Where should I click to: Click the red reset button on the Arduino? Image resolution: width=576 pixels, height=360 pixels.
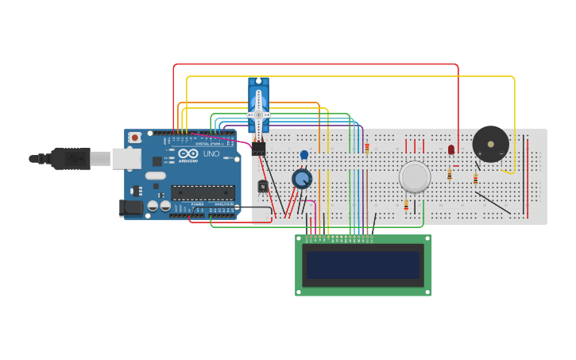[x=135, y=137]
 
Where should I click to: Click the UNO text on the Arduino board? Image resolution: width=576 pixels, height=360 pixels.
[x=211, y=154]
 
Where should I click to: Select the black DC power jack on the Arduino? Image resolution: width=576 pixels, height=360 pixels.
[x=130, y=207]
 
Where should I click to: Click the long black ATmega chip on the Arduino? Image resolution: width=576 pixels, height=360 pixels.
[x=203, y=192]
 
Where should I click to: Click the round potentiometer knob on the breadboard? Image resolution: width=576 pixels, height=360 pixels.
[x=302, y=178]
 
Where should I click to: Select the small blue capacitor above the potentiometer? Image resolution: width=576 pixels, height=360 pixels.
[x=303, y=155]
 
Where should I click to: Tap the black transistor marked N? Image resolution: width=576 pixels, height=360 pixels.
[x=263, y=186]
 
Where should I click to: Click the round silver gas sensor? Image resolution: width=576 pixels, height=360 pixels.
[x=415, y=176]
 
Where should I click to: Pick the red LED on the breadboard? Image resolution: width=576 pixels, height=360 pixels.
[x=451, y=149]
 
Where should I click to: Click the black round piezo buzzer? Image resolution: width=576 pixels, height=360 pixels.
[x=490, y=144]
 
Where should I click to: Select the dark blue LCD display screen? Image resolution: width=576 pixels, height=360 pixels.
[x=363, y=265]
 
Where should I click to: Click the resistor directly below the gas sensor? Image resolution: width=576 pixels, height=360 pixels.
[x=406, y=205]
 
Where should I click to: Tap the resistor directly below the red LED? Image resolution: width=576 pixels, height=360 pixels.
[x=450, y=174]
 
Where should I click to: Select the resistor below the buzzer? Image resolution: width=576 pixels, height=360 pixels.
[x=475, y=179]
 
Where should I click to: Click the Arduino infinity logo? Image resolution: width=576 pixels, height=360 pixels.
[x=188, y=155]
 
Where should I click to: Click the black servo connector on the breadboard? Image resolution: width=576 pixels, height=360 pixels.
[x=258, y=148]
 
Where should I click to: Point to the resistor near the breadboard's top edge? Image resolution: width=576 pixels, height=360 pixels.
[x=367, y=147]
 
